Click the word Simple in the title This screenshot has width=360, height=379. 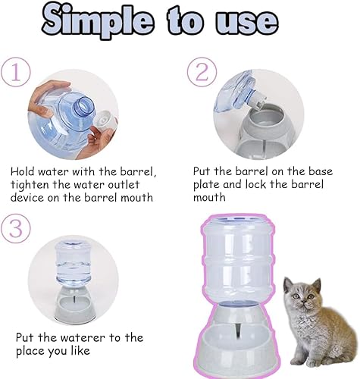pos(99,21)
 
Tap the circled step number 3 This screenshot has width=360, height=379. pos(15,228)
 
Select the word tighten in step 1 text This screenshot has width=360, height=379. pos(35,184)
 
